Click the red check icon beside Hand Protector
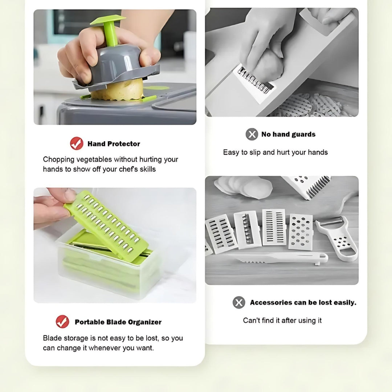click(x=77, y=143)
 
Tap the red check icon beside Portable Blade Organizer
click(x=62, y=322)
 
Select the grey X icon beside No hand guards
click(x=252, y=134)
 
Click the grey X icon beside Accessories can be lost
click(x=239, y=302)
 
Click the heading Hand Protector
click(x=114, y=144)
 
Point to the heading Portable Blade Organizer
click(x=118, y=322)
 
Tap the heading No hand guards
click(x=288, y=135)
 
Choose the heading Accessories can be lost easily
click(x=303, y=302)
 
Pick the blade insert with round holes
click(x=301, y=232)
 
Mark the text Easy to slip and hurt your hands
click(x=275, y=152)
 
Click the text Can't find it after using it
click(x=282, y=320)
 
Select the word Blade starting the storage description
click(x=53, y=338)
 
